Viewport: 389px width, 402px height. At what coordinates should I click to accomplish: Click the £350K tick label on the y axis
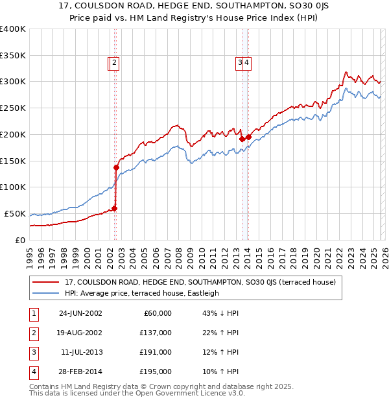pyautogui.click(x=13, y=56)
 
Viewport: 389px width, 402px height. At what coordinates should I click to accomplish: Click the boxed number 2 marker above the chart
pyautogui.click(x=114, y=63)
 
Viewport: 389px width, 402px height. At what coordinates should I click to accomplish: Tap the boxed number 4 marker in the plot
pyautogui.click(x=248, y=63)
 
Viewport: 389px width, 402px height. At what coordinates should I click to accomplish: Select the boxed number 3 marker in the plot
pyautogui.click(x=241, y=63)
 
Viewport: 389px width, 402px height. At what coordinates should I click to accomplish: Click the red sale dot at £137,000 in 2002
pyautogui.click(x=117, y=167)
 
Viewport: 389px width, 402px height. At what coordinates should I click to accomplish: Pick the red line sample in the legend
pyautogui.click(x=46, y=282)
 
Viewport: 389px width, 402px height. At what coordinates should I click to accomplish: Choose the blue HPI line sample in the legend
pyautogui.click(x=46, y=293)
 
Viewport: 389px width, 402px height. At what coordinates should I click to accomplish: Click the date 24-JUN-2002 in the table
pyautogui.click(x=80, y=313)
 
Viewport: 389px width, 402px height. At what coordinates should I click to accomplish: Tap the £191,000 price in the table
pyautogui.click(x=156, y=352)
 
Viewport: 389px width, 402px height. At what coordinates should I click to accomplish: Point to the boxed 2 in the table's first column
pyautogui.click(x=32, y=333)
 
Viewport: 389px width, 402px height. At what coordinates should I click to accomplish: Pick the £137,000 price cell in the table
pyautogui.click(x=156, y=333)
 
